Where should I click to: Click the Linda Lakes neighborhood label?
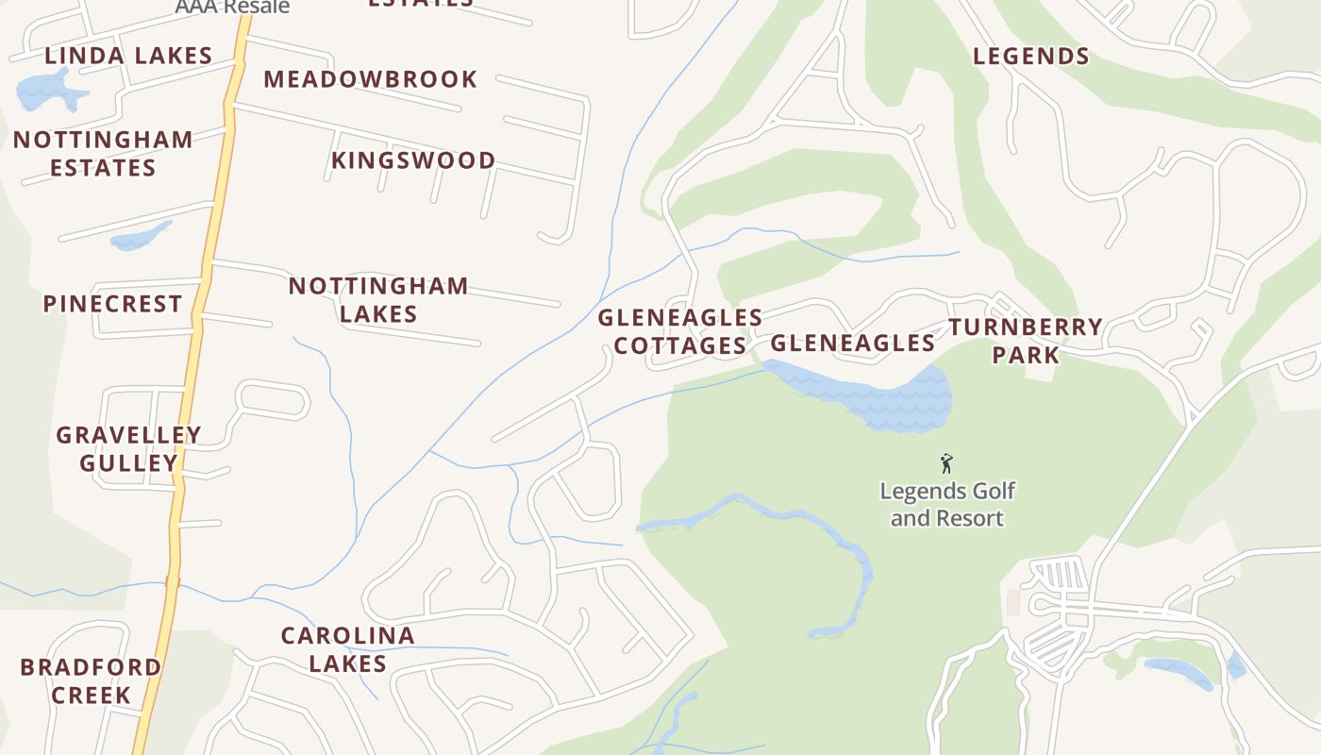(128, 56)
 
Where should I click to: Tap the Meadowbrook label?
(370, 79)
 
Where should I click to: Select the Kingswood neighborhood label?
(412, 160)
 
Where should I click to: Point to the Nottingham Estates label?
(103, 154)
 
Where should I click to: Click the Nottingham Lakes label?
(377, 299)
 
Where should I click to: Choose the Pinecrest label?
(112, 304)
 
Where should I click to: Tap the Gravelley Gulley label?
(128, 449)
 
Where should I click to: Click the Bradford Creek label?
(91, 680)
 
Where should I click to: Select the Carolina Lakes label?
(347, 649)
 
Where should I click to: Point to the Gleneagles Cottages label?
(679, 331)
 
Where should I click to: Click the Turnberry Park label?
(1026, 341)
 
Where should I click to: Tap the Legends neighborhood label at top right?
(1030, 57)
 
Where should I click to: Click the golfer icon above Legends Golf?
(946, 463)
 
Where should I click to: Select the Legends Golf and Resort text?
(946, 505)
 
